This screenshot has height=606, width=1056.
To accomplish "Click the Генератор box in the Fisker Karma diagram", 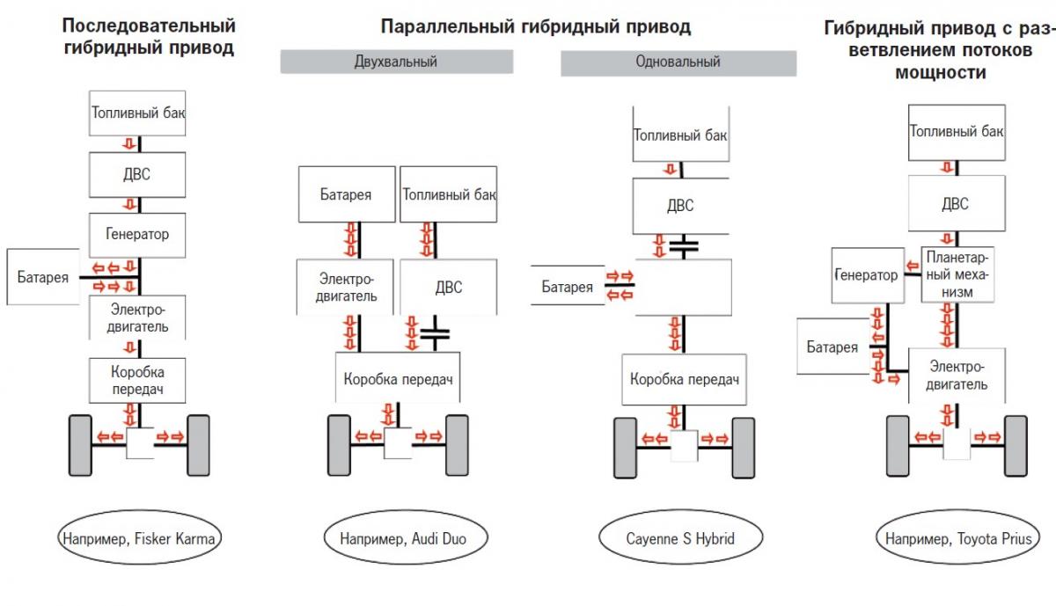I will click(x=138, y=235).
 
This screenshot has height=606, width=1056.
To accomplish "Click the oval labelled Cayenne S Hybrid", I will click(x=679, y=537).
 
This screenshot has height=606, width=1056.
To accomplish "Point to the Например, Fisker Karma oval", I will click(x=137, y=537).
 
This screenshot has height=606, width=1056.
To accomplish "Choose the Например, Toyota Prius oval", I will click(x=956, y=537).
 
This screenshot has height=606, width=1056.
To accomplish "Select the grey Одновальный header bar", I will click(x=678, y=62).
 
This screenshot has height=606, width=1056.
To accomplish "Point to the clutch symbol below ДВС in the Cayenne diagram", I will click(x=683, y=247).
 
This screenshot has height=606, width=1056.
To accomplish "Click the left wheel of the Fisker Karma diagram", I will click(x=78, y=445).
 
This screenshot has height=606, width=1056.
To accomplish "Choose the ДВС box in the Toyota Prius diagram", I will click(x=955, y=204).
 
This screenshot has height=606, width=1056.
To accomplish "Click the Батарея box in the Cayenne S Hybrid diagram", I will click(x=567, y=287).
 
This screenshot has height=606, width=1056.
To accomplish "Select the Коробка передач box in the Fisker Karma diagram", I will click(x=138, y=379).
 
